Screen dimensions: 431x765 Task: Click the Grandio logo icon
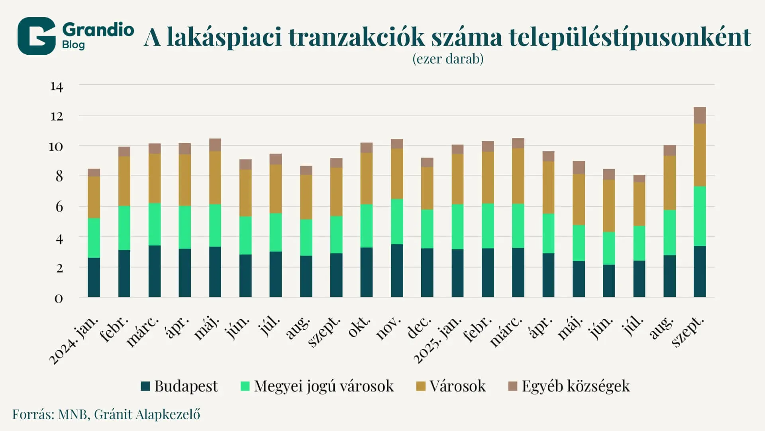(36, 36)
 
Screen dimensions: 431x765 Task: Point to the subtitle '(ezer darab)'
(448, 59)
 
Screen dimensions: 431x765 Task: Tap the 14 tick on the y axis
(57, 86)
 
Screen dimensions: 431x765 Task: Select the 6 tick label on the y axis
(59, 207)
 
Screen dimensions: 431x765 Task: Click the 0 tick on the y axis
(59, 299)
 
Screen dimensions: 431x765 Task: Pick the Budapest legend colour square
(145, 386)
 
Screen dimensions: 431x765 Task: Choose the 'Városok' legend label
(457, 386)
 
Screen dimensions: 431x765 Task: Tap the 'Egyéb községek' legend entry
(575, 386)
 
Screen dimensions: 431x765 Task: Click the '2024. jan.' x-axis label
(75, 340)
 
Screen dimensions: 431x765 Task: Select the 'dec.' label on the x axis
(420, 327)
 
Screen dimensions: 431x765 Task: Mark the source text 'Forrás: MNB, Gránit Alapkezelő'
(106, 414)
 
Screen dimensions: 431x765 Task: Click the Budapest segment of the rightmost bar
(700, 271)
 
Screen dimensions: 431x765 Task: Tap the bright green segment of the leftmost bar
(94, 238)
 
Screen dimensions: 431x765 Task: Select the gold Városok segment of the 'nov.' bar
(397, 174)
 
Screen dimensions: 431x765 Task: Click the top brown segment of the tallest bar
(700, 115)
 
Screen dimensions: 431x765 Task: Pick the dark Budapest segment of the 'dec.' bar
(427, 273)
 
